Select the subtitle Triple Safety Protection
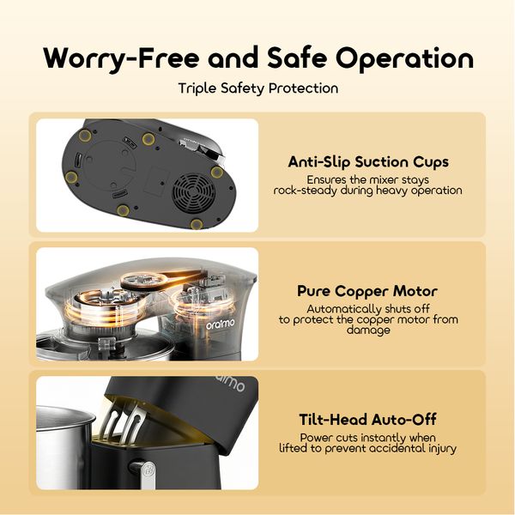pyautogui.click(x=257, y=88)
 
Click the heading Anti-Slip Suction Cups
pyautogui.click(x=368, y=161)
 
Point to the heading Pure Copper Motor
pyautogui.click(x=368, y=291)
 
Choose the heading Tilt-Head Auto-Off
pyautogui.click(x=368, y=420)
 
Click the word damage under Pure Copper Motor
pyautogui.click(x=368, y=330)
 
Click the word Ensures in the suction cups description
pyautogui.click(x=326, y=179)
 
